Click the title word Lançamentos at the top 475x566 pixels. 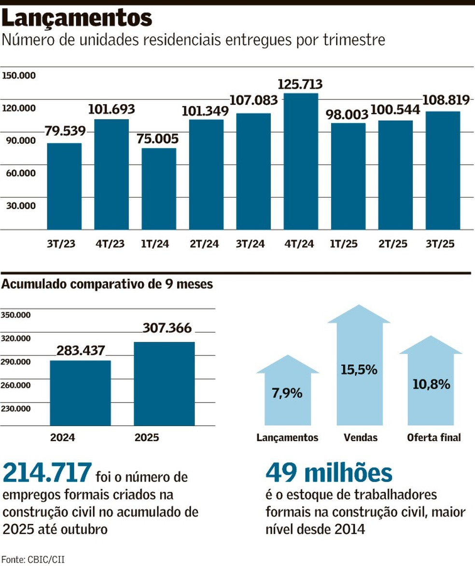pyautogui.click(x=77, y=19)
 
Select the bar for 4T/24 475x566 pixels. pyautogui.click(x=300, y=162)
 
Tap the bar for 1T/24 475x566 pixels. pyautogui.click(x=158, y=189)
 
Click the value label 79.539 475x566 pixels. pyautogui.click(x=65, y=131)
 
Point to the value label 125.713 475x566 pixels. pyautogui.click(x=300, y=84)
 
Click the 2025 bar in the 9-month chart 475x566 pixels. pyautogui.click(x=164, y=384)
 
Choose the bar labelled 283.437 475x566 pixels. pyautogui.click(x=80, y=393)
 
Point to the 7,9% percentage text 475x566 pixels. pyautogui.click(x=287, y=393)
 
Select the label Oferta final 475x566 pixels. pyautogui.click(x=433, y=438)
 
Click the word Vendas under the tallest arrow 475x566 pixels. pyautogui.click(x=360, y=438)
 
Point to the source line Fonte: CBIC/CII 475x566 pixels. pyautogui.click(x=33, y=559)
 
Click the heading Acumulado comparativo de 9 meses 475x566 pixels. pyautogui.click(x=107, y=284)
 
